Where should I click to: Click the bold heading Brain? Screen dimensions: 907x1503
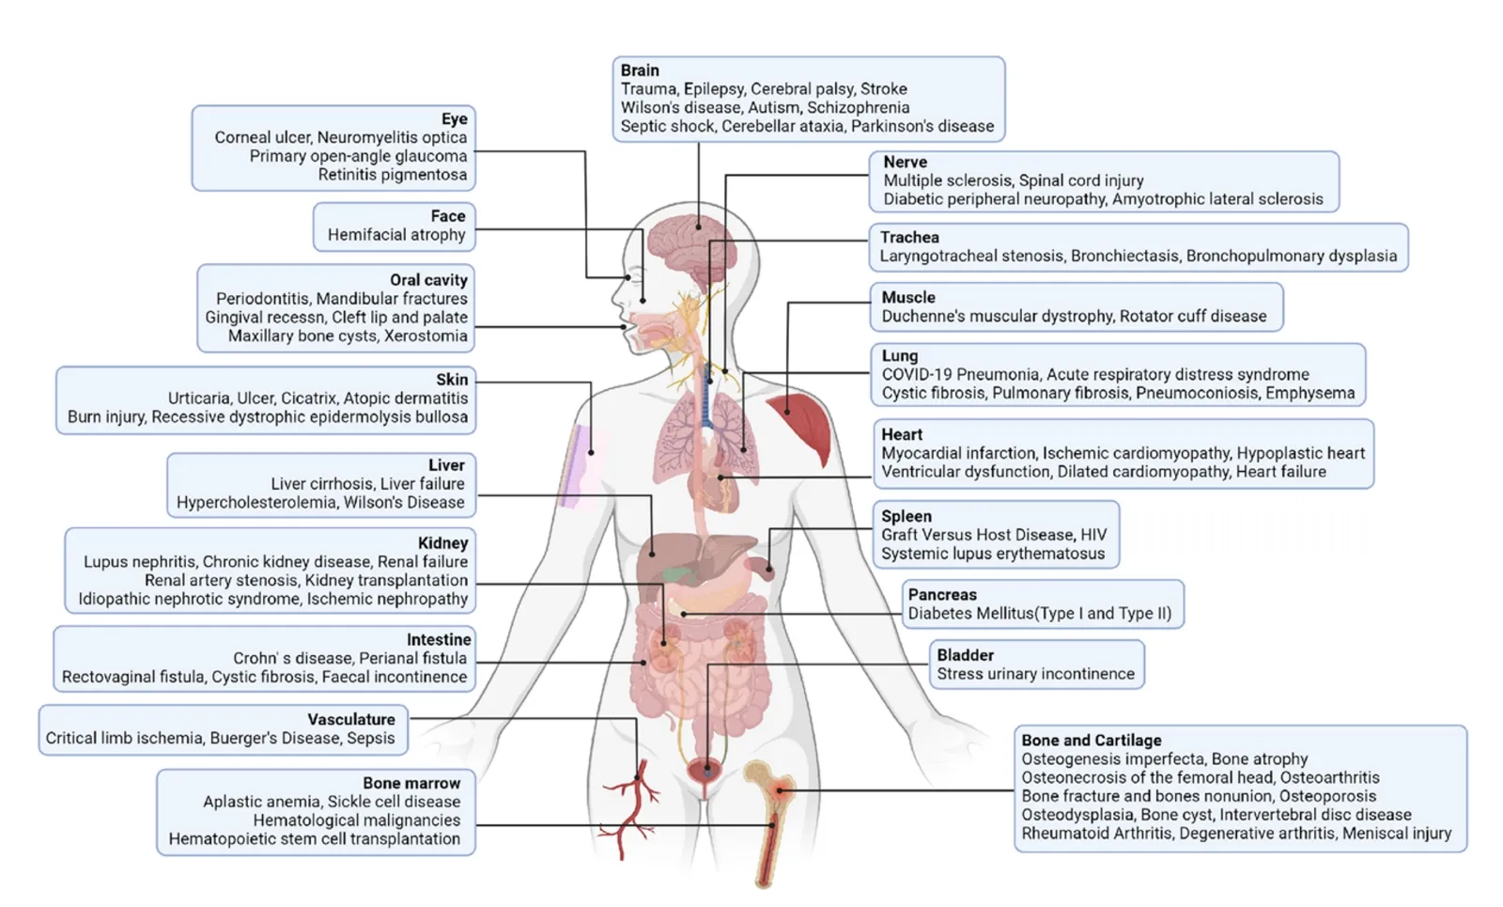pyautogui.click(x=640, y=70)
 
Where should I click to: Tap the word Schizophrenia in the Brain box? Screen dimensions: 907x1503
pyautogui.click(x=858, y=108)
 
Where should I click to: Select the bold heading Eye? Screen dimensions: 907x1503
pyautogui.click(x=455, y=119)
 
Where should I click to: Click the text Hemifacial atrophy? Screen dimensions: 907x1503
pyautogui.click(x=396, y=235)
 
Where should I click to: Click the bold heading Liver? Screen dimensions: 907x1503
pyautogui.click(x=446, y=465)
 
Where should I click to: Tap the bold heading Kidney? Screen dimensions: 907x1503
pyautogui.click(x=442, y=543)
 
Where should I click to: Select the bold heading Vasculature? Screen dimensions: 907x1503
pyautogui.click(x=351, y=720)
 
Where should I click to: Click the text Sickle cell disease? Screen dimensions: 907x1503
pyautogui.click(x=395, y=802)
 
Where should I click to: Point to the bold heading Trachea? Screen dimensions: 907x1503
pyautogui.click(x=909, y=238)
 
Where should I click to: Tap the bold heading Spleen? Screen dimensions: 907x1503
pyautogui.click(x=906, y=516)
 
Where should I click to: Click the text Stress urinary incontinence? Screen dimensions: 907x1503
pyautogui.click(x=1035, y=674)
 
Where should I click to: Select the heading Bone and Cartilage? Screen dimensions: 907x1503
pyautogui.click(x=1092, y=741)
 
